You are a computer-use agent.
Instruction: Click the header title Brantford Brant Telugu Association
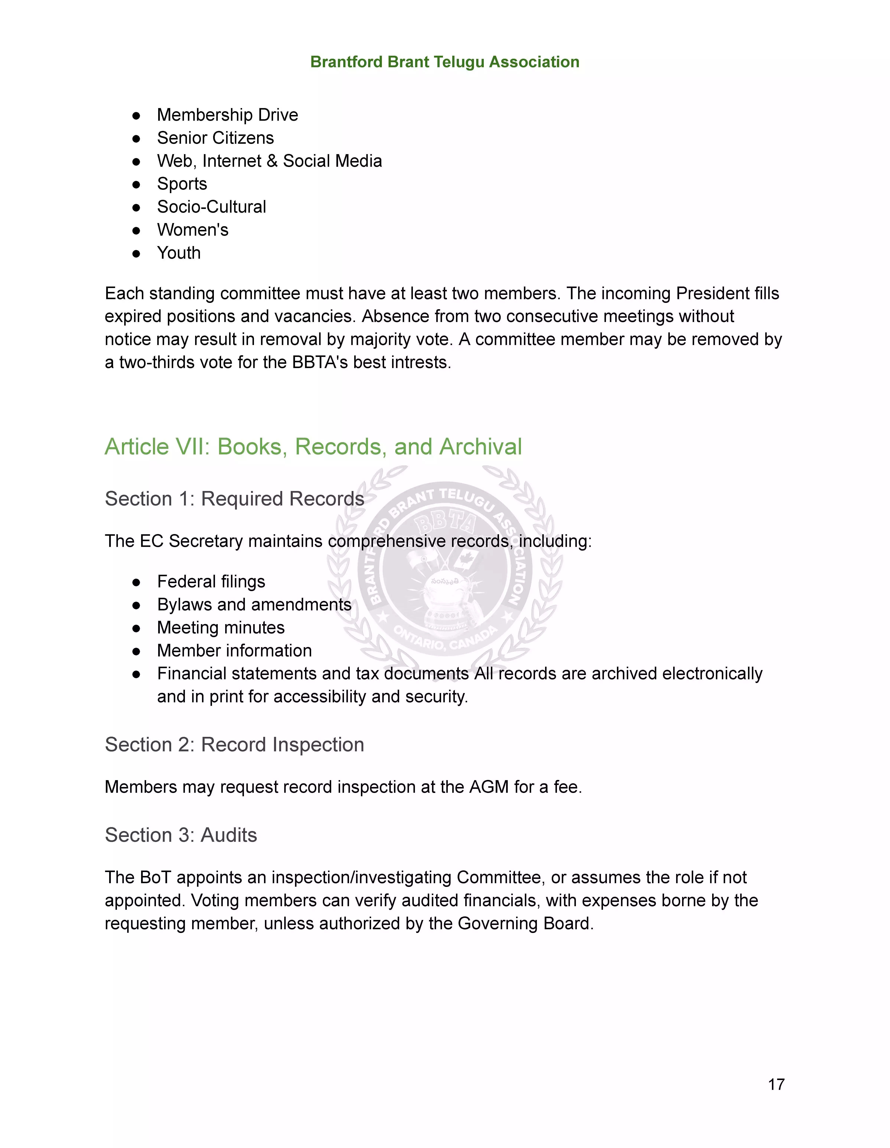coord(444,62)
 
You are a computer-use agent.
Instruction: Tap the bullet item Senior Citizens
coord(215,138)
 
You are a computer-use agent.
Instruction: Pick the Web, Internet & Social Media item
coord(269,161)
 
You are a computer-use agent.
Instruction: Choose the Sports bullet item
coord(182,184)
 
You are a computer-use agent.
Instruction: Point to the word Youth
coord(179,253)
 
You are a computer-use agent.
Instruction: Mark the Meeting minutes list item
coord(221,628)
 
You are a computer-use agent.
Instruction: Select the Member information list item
coord(234,651)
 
